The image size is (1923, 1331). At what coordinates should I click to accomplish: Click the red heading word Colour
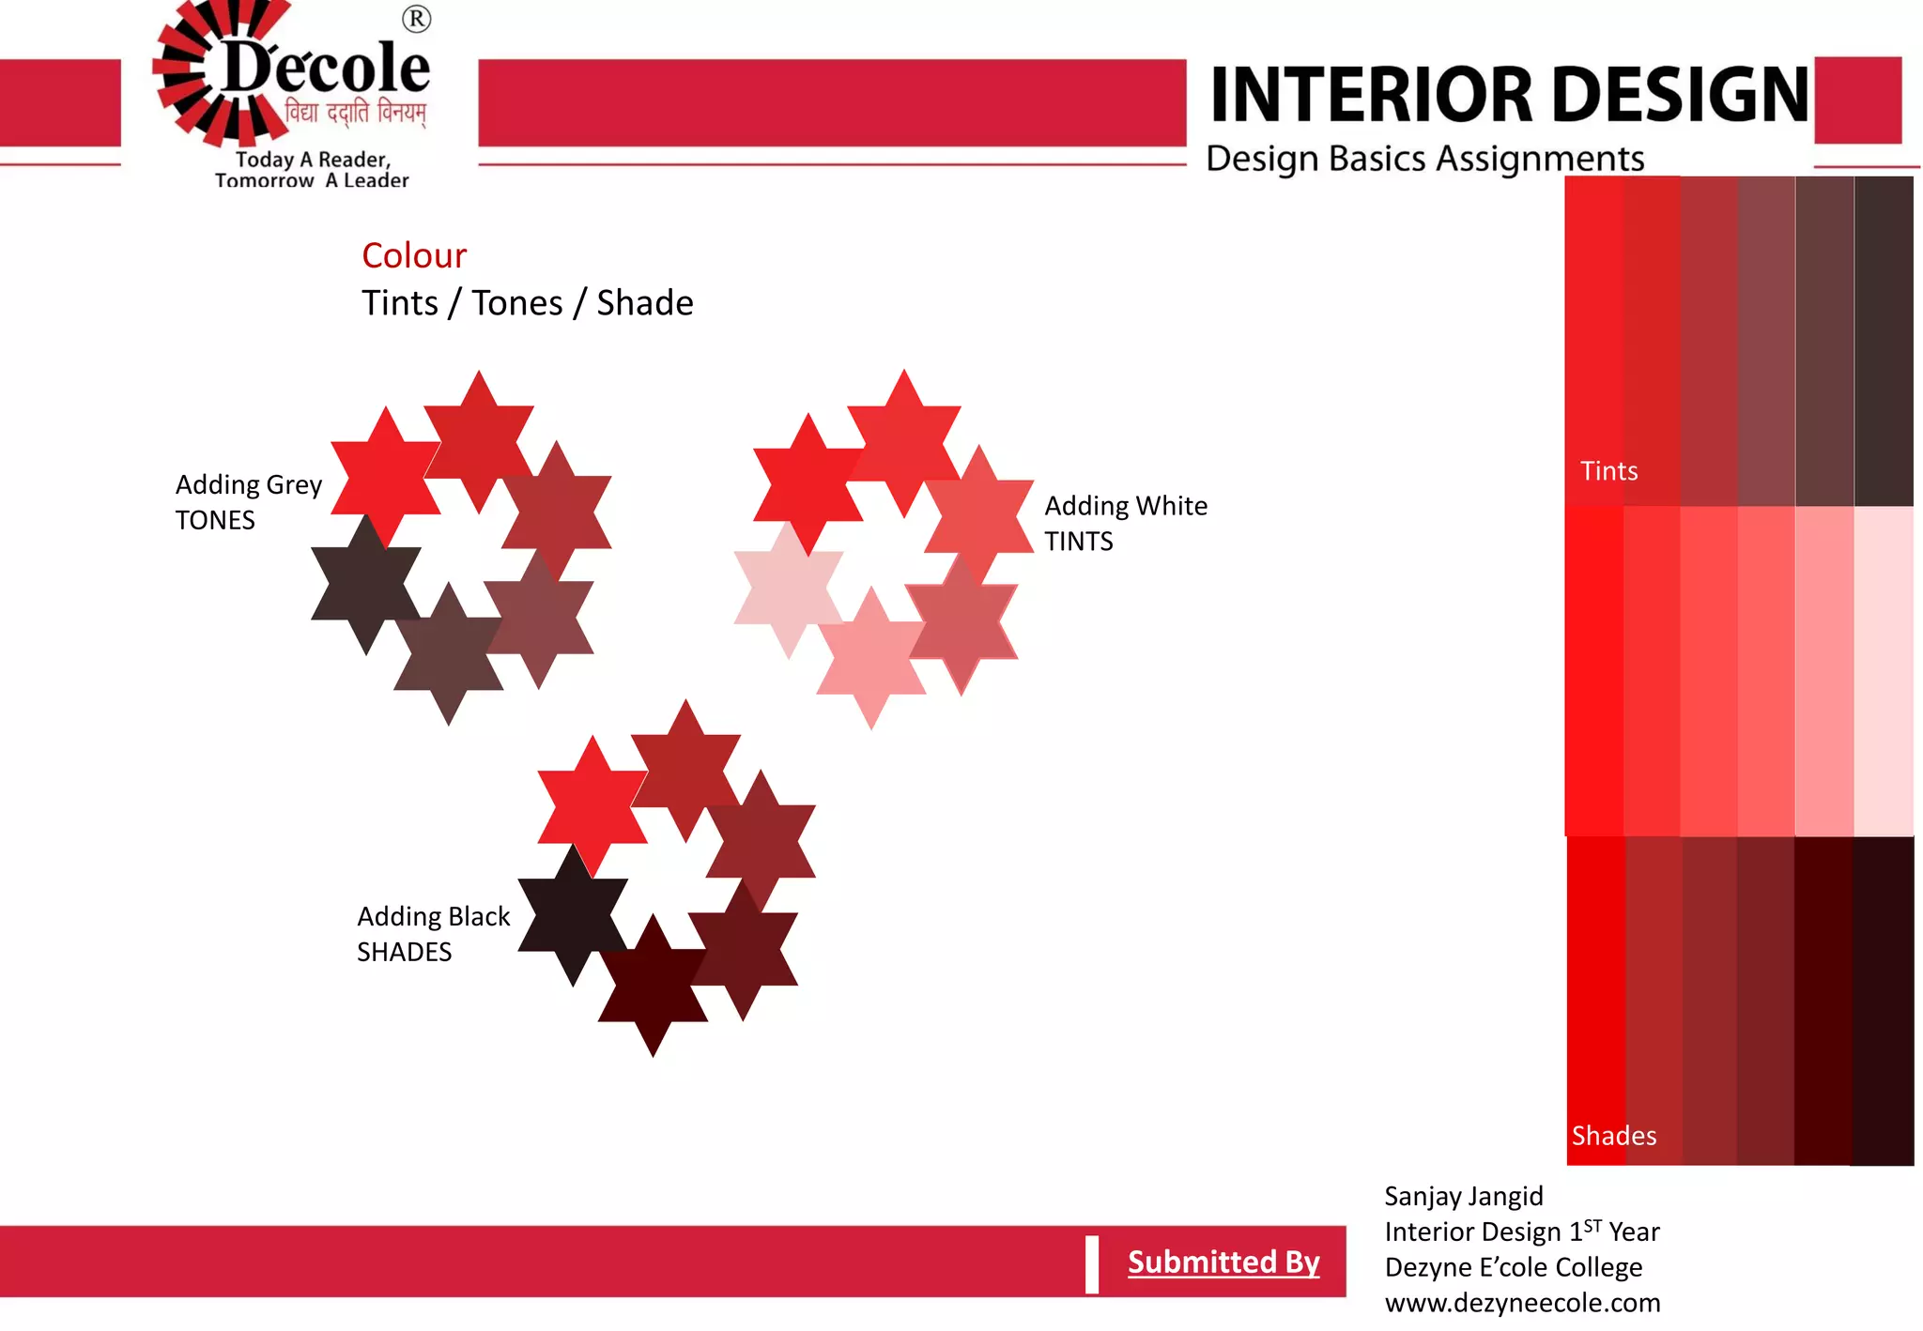[414, 255]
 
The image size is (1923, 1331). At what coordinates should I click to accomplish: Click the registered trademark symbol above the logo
[416, 19]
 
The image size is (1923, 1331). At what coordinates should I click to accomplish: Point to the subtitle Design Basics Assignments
[1424, 159]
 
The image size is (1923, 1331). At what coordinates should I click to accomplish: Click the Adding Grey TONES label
[248, 502]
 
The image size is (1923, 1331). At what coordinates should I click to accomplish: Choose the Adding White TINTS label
[1125, 523]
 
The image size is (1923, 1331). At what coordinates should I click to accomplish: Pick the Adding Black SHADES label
[433, 934]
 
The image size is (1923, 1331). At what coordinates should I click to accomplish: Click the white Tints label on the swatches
[1608, 471]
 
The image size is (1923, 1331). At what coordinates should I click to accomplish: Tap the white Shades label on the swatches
[1613, 1136]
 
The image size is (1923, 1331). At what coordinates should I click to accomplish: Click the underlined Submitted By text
[1223, 1262]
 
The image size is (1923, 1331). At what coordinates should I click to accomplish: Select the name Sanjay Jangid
[1463, 1196]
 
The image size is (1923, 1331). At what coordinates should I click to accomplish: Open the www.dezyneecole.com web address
[1522, 1303]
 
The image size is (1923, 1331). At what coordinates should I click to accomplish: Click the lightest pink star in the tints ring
[788, 589]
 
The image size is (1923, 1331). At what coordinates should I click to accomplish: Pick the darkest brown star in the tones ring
[365, 585]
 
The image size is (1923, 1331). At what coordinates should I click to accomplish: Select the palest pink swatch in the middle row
[1883, 670]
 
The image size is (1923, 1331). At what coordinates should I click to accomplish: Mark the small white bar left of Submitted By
[1091, 1264]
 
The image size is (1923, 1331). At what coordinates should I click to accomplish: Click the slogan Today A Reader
[313, 160]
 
